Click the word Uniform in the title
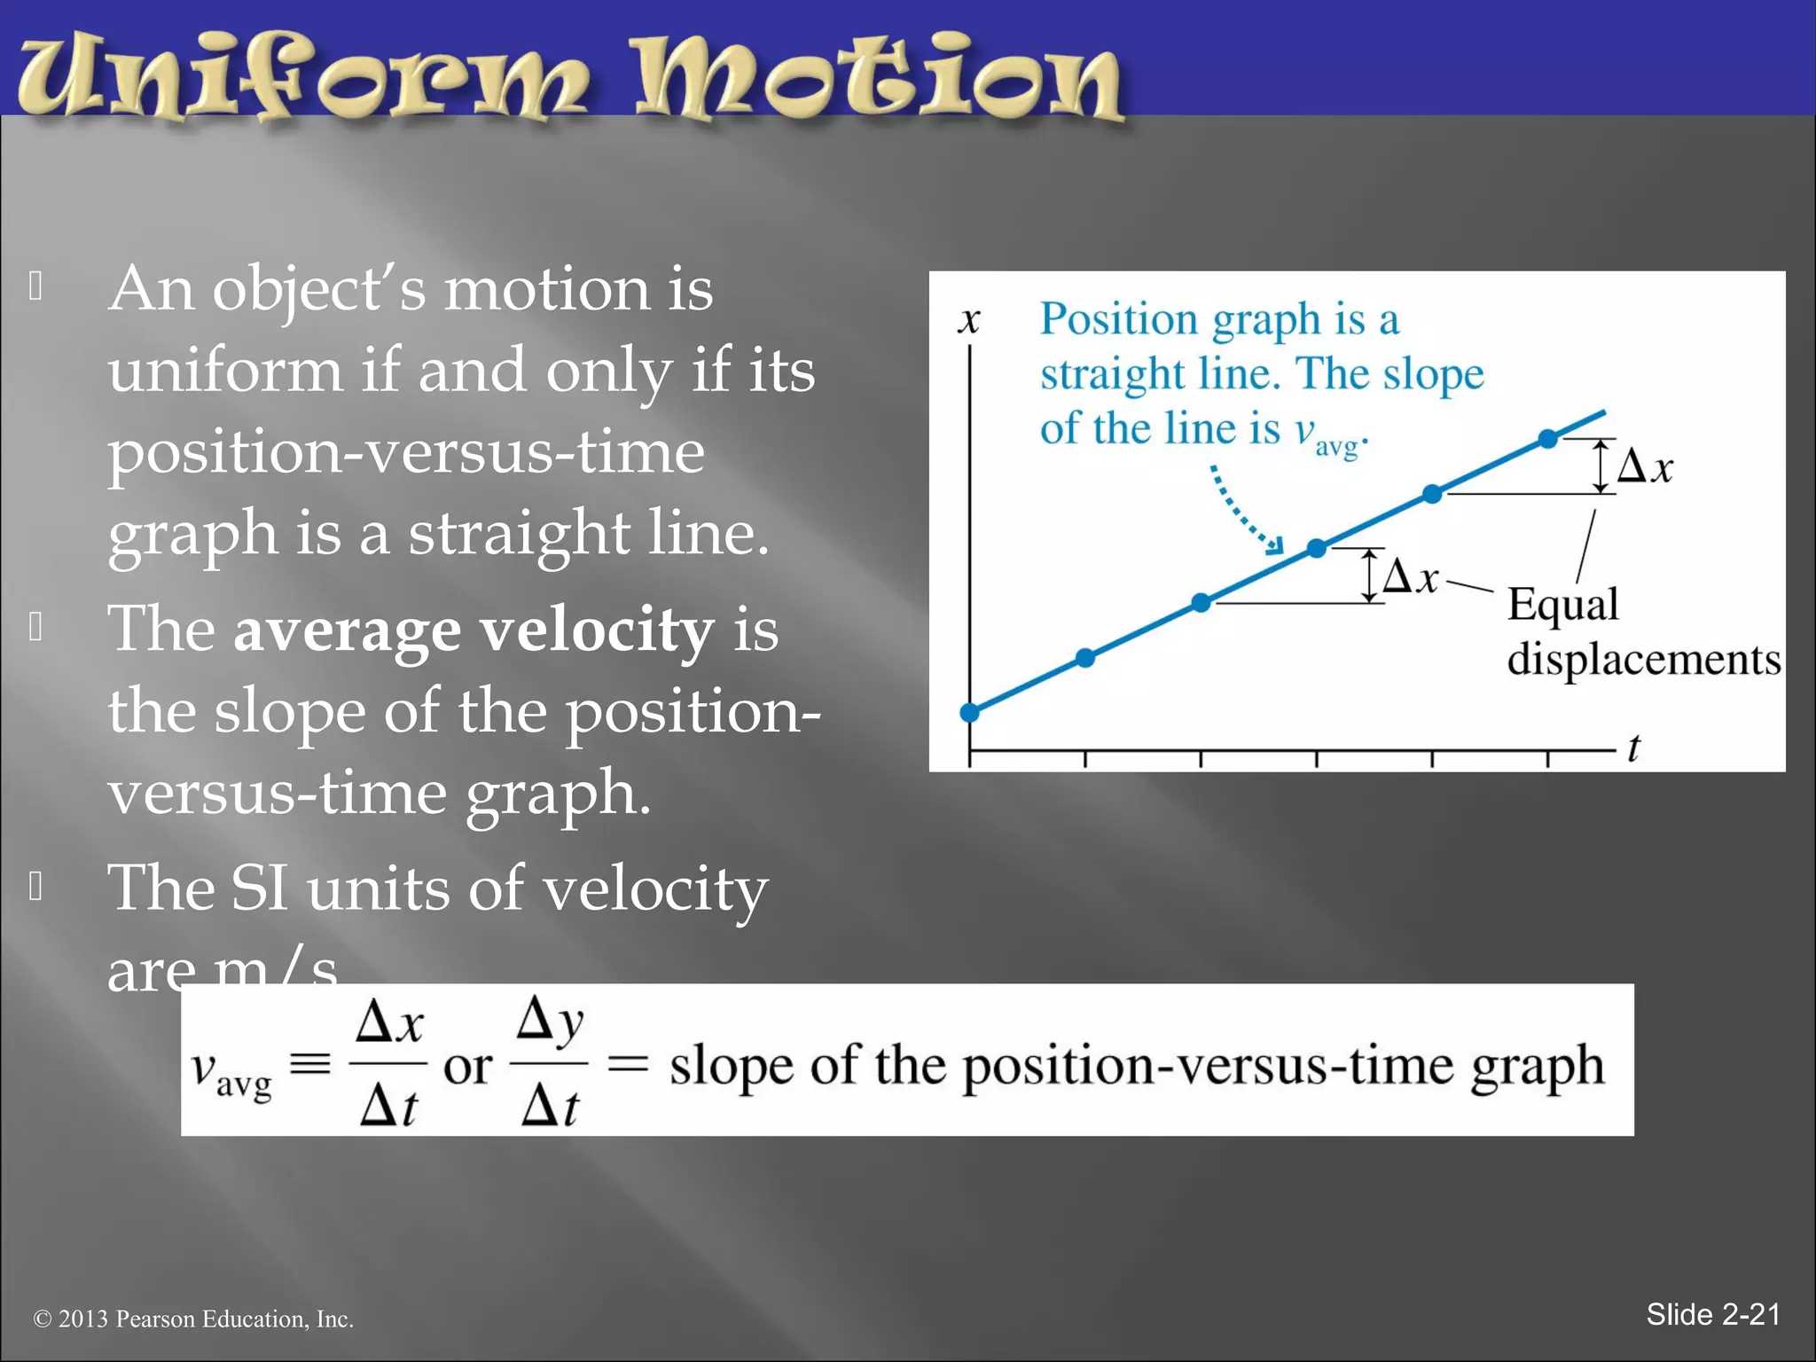point(301,78)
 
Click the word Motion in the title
point(878,78)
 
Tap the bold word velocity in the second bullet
point(596,631)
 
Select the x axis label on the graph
point(969,321)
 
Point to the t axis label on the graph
point(1633,748)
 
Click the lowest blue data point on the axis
point(970,712)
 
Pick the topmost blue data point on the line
point(1547,438)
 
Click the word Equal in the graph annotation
point(1562,606)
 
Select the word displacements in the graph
point(1643,660)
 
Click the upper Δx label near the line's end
point(1645,466)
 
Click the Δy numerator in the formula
point(550,1021)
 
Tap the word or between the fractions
point(467,1067)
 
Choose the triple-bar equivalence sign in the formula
point(310,1063)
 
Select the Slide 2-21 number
point(1712,1314)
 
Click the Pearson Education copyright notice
point(193,1319)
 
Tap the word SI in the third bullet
point(259,888)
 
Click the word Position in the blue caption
point(1119,319)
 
